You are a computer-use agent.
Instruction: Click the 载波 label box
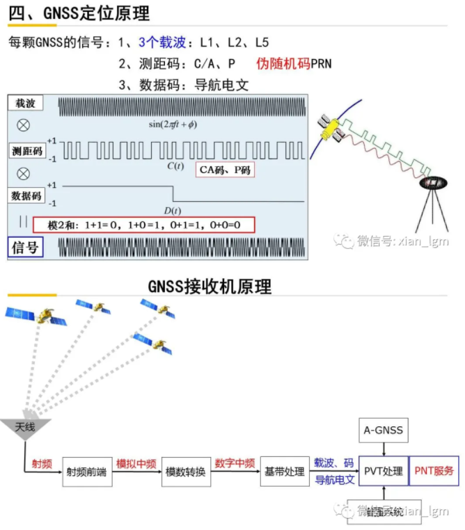tap(26, 104)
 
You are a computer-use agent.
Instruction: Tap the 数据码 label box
tap(26, 195)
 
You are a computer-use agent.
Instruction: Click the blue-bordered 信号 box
tap(26, 247)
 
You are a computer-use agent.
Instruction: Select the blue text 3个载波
tap(162, 43)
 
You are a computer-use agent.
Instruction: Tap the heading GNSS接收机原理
tap(210, 286)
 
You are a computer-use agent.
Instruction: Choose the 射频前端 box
tap(87, 472)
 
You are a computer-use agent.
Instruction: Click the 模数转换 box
tap(185, 472)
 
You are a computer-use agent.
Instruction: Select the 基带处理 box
tap(284, 472)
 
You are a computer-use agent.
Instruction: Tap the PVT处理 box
tap(383, 472)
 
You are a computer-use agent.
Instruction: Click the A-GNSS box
tap(383, 430)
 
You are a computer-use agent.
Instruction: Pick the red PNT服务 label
tap(434, 472)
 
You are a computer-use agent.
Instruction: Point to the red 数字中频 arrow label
tap(235, 463)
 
